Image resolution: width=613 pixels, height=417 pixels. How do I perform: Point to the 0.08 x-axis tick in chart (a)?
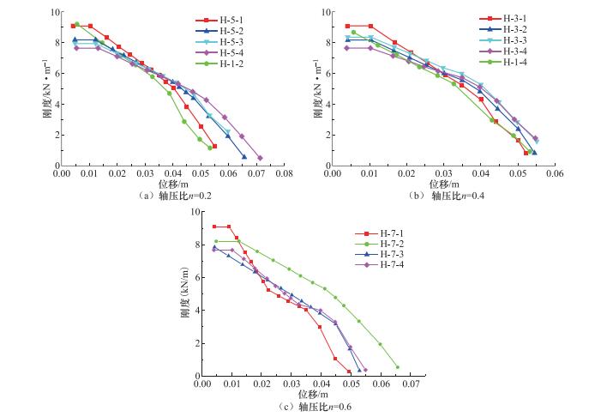click(284, 173)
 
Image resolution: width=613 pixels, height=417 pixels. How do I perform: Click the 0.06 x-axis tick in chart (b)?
click(555, 173)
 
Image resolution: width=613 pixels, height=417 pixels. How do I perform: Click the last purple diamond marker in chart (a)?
click(260, 158)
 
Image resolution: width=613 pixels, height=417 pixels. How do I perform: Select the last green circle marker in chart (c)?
click(397, 367)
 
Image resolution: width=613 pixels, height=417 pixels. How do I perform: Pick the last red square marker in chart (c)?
click(350, 372)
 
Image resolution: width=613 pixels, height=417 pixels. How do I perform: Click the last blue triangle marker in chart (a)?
click(244, 157)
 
